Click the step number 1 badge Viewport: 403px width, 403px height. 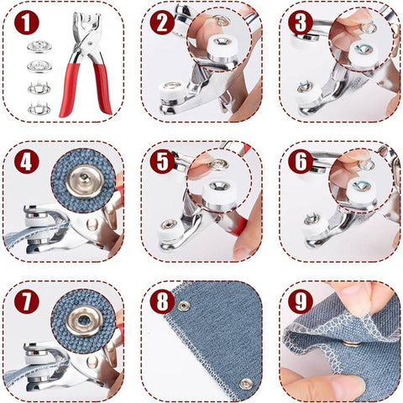(x=27, y=23)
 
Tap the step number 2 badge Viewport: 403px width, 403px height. (x=162, y=23)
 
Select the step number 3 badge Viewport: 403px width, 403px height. (x=301, y=23)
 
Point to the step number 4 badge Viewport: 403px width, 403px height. (x=27, y=161)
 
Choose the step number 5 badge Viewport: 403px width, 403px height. (x=162, y=161)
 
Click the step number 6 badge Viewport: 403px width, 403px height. (x=301, y=161)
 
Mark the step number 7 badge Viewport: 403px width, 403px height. (x=27, y=301)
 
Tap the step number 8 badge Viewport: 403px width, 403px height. (x=162, y=301)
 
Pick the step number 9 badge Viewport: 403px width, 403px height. (x=301, y=301)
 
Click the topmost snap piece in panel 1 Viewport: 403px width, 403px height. (x=39, y=46)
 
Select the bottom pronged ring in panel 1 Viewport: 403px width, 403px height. (x=39, y=108)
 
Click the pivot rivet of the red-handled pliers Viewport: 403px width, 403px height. (x=90, y=44)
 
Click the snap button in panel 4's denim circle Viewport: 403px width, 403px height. (x=83, y=181)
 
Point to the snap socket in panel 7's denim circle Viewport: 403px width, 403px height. (x=84, y=321)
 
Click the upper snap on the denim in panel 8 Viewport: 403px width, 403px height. (x=183, y=306)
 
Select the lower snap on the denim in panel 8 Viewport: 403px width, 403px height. (x=246, y=384)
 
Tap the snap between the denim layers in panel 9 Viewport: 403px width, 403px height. (x=352, y=343)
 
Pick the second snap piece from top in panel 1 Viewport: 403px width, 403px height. (x=39, y=66)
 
